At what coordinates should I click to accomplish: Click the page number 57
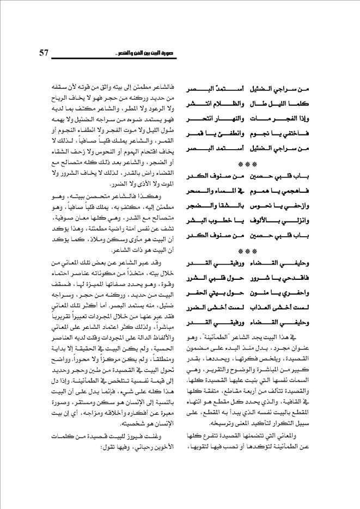tap(44, 53)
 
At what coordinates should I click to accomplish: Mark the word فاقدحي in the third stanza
tap(316, 279)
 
